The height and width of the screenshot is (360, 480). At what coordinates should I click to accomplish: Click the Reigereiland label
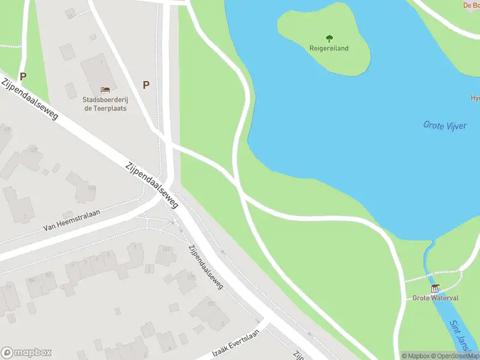(329, 48)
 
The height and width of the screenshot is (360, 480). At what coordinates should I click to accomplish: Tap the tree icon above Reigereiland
(329, 38)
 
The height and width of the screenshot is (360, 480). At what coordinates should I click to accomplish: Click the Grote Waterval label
(435, 298)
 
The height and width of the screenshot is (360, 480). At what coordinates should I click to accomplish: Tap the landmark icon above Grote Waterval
(435, 289)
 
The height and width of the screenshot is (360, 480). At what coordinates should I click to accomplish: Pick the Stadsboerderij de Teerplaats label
(105, 104)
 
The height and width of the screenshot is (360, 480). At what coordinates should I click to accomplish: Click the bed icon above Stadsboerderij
(105, 90)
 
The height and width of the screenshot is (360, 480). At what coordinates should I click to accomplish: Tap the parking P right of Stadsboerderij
(146, 85)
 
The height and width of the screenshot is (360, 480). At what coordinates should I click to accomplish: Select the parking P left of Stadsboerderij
(23, 76)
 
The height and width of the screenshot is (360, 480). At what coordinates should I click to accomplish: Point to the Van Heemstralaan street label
(71, 220)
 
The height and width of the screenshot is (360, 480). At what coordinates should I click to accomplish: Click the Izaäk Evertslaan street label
(236, 344)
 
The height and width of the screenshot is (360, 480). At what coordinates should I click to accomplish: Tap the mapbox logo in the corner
(26, 353)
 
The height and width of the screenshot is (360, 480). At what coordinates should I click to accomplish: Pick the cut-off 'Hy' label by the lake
(475, 98)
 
